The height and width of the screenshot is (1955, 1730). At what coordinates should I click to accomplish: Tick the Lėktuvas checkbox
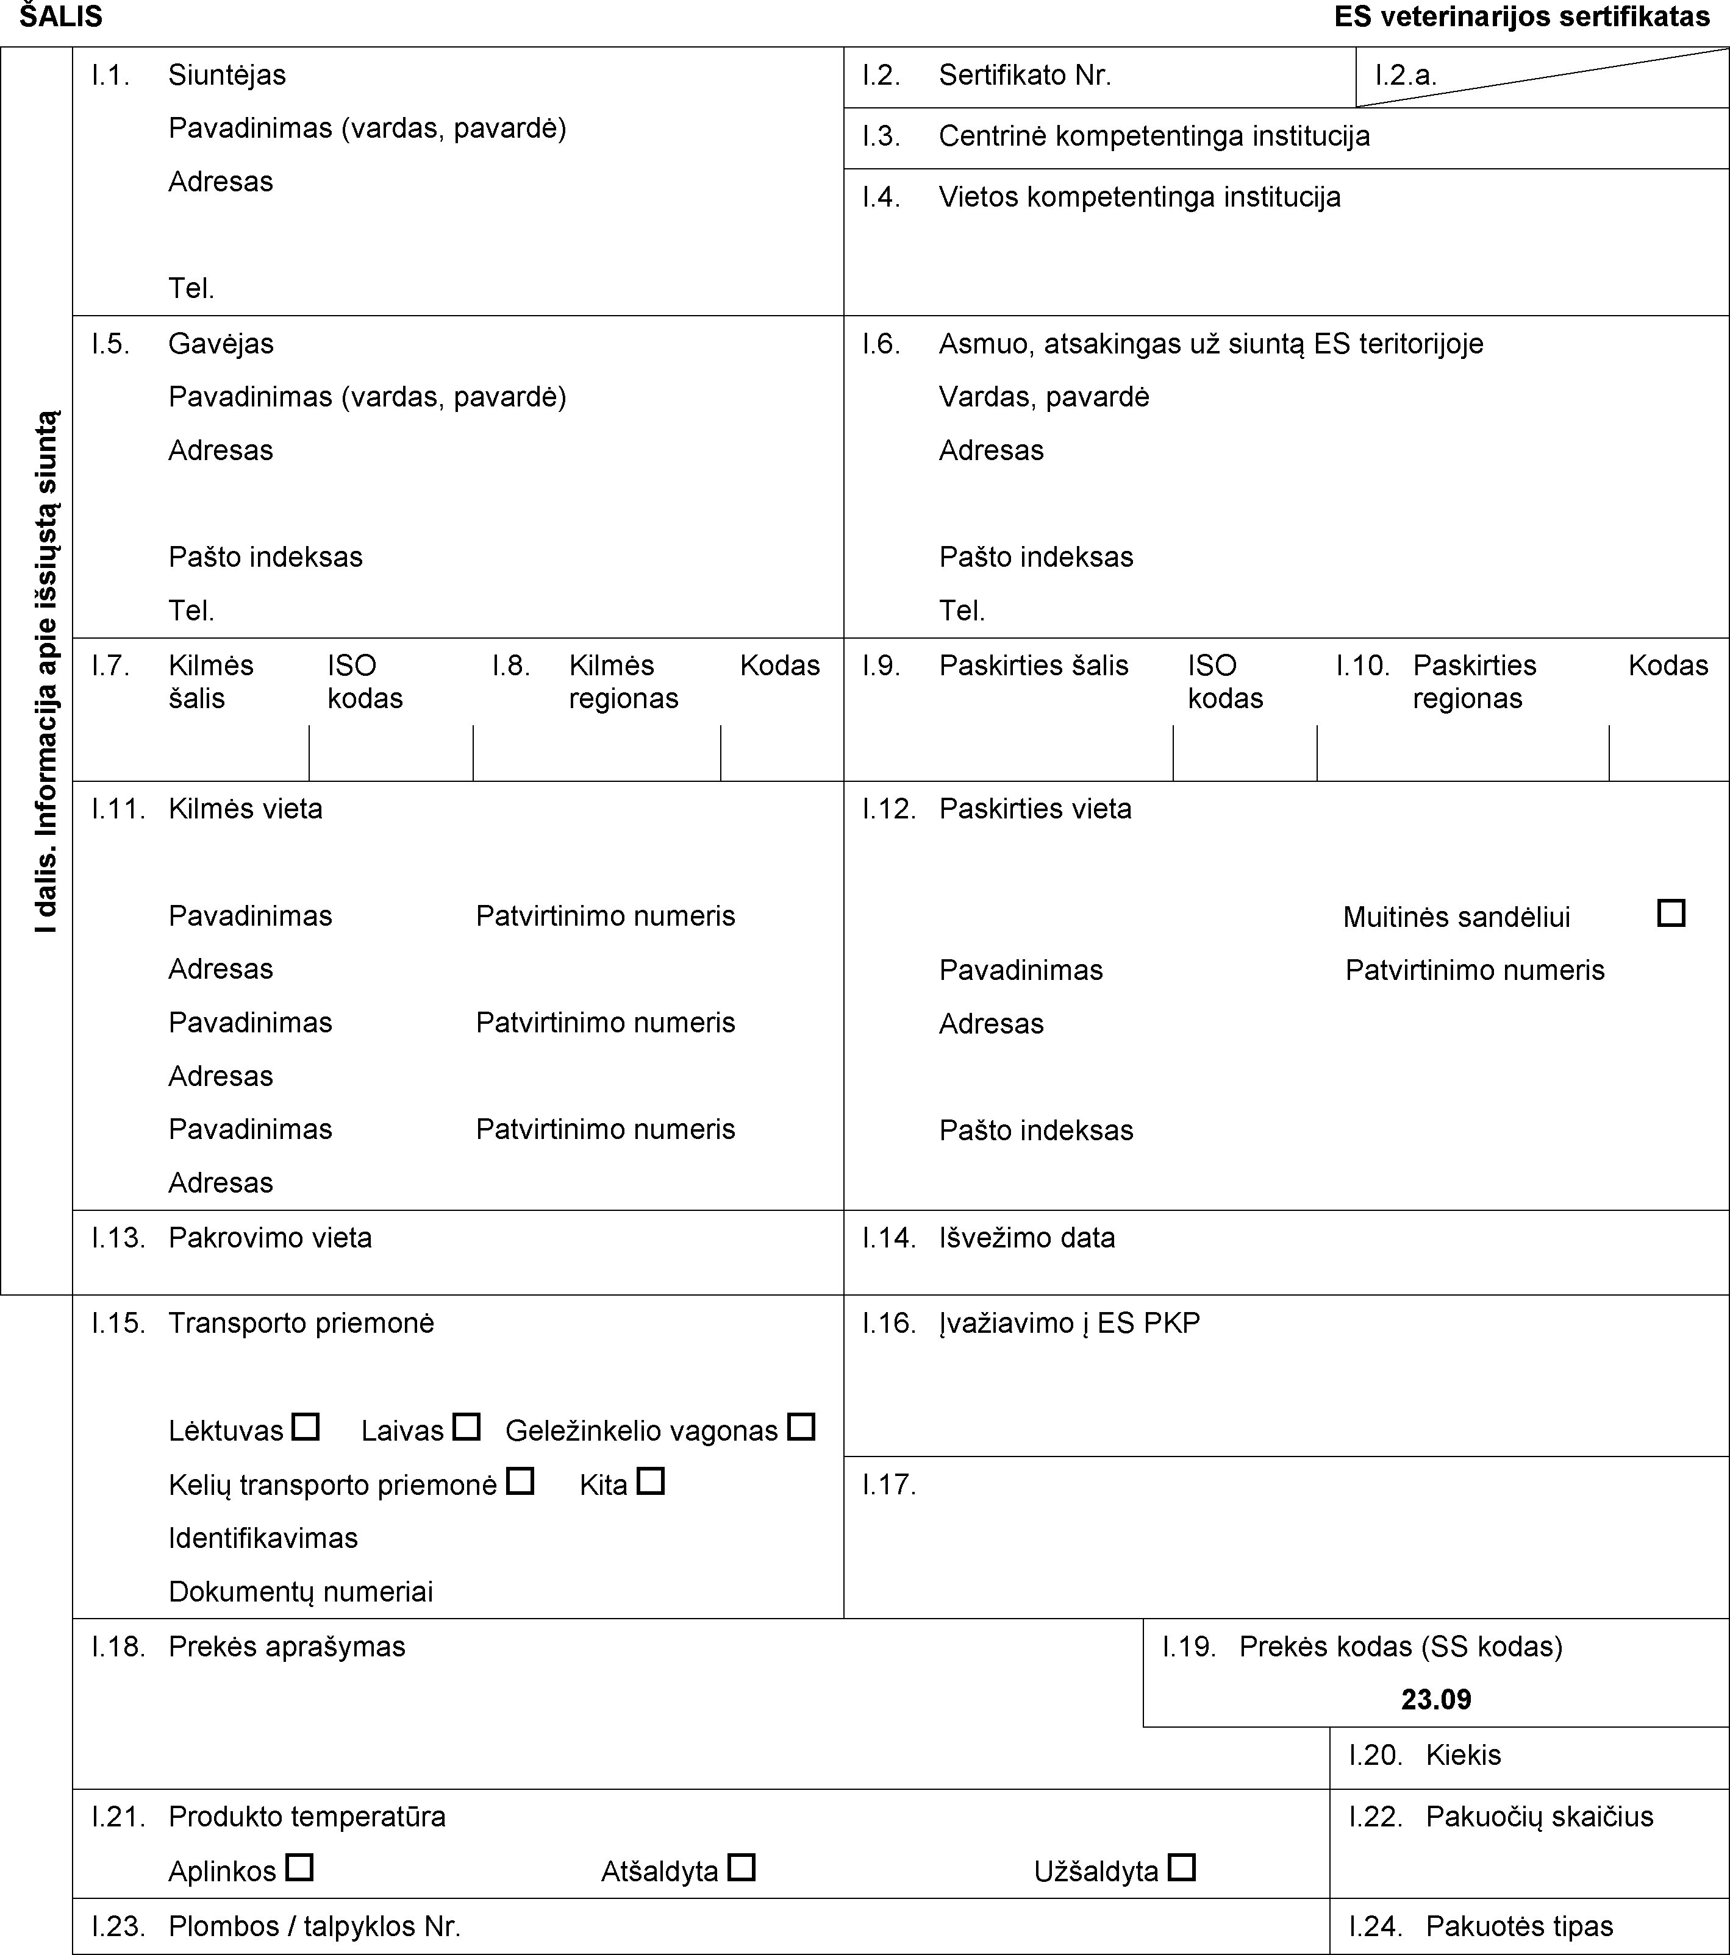(306, 1427)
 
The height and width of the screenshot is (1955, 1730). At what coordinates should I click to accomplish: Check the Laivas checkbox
(466, 1427)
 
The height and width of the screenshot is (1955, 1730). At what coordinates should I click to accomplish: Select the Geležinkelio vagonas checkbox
(801, 1427)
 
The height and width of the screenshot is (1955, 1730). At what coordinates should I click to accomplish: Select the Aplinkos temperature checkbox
(299, 1867)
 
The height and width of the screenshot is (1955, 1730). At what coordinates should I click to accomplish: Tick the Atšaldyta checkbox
(742, 1867)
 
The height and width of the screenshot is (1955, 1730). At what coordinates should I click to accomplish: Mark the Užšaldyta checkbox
(1182, 1867)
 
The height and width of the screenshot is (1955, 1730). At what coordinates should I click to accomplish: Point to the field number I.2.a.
(1406, 76)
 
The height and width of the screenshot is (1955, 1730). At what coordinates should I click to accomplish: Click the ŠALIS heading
(61, 16)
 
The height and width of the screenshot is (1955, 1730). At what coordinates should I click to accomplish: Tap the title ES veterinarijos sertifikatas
(1521, 16)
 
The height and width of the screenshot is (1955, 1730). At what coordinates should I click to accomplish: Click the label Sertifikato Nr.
(1025, 76)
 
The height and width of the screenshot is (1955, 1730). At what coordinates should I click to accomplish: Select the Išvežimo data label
(1027, 1238)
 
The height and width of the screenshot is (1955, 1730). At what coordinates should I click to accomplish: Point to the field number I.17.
(889, 1485)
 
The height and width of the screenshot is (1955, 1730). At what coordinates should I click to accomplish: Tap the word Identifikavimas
(263, 1538)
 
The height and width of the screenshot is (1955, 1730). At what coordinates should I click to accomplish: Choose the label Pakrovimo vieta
(270, 1238)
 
